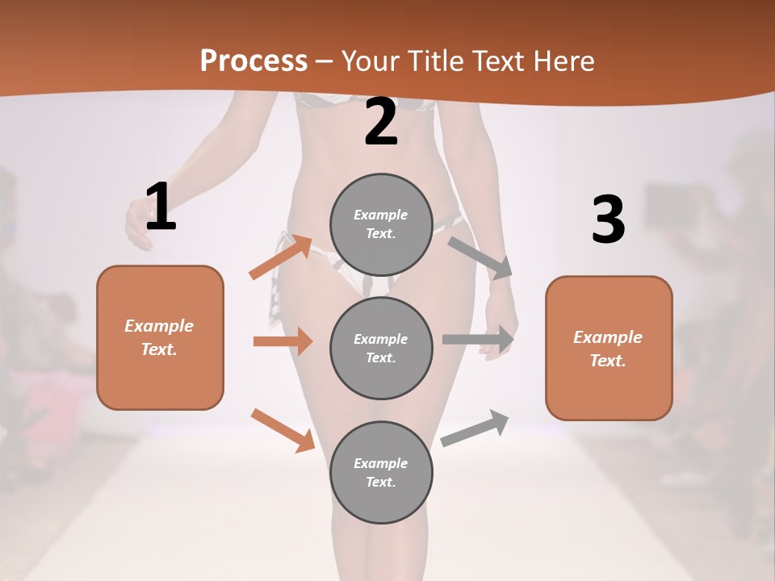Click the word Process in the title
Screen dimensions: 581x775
tap(253, 61)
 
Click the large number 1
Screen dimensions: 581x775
tap(160, 207)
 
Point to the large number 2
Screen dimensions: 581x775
tap(381, 122)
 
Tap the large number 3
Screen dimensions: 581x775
tap(608, 220)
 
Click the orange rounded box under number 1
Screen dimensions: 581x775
tap(160, 337)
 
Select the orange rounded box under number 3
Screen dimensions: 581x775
tap(609, 348)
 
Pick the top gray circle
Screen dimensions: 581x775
tap(381, 224)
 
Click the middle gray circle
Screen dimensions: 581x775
tap(381, 348)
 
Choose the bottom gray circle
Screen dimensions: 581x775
tap(381, 472)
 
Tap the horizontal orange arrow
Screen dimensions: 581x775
tap(283, 341)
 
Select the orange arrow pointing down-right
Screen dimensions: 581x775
tap(283, 430)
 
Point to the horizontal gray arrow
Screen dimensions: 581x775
tap(479, 339)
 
